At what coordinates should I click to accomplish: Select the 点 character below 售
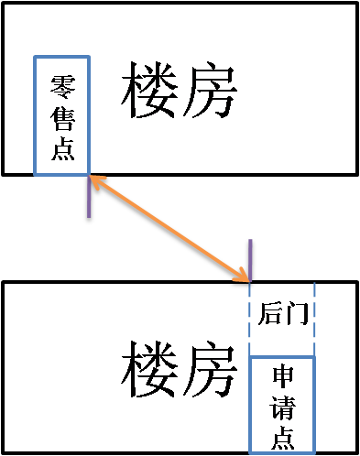pyautogui.click(x=62, y=151)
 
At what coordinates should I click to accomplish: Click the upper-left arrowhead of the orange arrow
pyautogui.click(x=94, y=179)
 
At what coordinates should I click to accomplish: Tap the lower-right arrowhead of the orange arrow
pyautogui.click(x=245, y=275)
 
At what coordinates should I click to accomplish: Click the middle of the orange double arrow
pyautogui.click(x=169, y=227)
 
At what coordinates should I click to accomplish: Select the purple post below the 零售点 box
pyautogui.click(x=90, y=201)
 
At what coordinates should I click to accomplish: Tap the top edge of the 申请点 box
pyautogui.click(x=282, y=357)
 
